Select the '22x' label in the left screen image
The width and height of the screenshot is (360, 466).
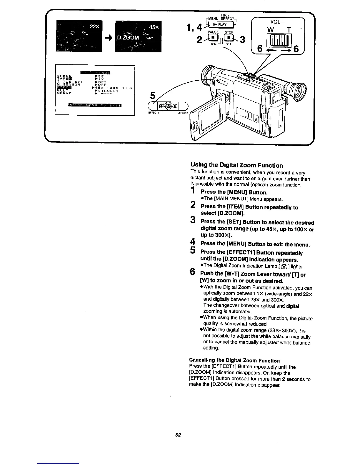click(x=94, y=27)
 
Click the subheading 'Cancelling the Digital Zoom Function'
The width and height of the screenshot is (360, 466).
click(x=234, y=360)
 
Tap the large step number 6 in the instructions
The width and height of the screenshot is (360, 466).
click(x=192, y=272)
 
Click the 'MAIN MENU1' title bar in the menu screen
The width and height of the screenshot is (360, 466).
click(x=95, y=73)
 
